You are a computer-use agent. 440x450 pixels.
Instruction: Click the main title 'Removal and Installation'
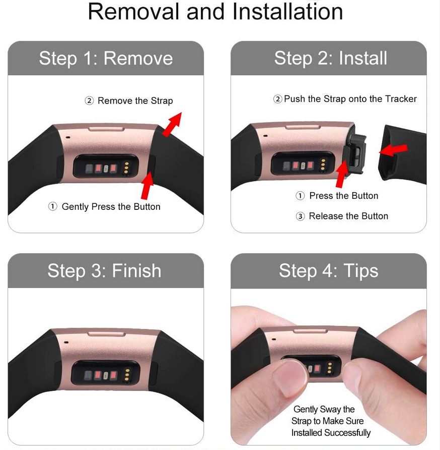click(215, 12)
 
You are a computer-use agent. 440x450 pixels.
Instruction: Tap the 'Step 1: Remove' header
click(106, 58)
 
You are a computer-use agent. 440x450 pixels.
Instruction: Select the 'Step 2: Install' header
click(330, 58)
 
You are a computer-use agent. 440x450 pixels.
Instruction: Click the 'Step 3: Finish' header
click(104, 270)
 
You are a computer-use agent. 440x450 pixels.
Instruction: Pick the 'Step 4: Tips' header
click(328, 270)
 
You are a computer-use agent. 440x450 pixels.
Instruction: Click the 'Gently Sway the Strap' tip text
click(331, 421)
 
